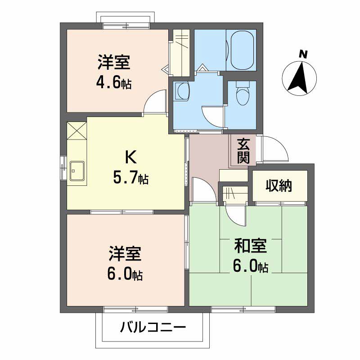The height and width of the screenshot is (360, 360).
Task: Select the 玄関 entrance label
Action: pos(243,151)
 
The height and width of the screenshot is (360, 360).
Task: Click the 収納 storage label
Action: pos(279,185)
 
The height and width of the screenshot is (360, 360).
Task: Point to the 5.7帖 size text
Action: pos(130,178)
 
